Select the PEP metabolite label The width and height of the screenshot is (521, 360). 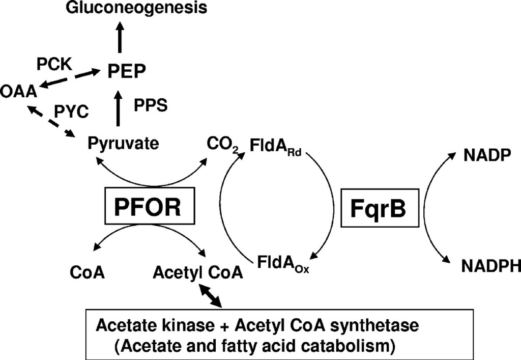coord(125,71)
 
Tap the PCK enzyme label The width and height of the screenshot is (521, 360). coord(53,65)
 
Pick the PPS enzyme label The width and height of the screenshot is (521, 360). coord(151,105)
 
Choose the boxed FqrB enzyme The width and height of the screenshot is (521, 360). coord(375,208)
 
